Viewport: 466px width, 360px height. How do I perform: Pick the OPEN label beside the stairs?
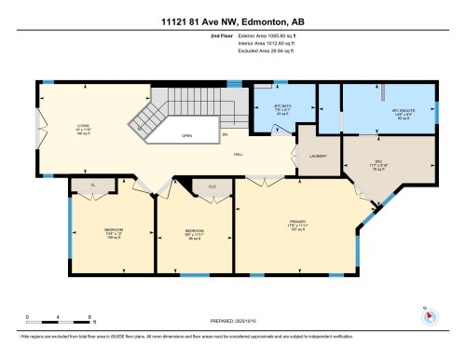187,134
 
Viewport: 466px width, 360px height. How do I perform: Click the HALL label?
239,153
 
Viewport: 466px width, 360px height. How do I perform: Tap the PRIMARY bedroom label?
297,224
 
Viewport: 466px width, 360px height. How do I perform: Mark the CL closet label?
93,186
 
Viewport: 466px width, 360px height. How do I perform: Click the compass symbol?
430,316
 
